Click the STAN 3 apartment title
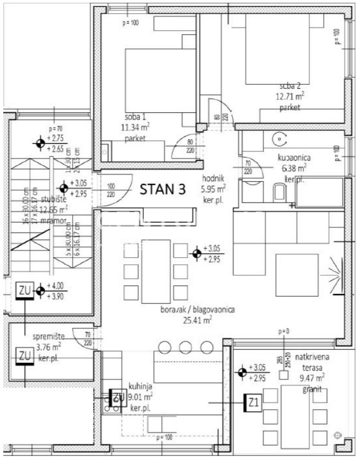coord(162,190)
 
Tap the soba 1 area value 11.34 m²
coord(135,128)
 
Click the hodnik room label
coord(214,178)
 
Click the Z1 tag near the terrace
coord(253,403)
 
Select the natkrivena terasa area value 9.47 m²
coord(313,378)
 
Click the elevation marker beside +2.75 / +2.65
coord(40,144)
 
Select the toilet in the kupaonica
coord(279,193)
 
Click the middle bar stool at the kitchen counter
coord(185,347)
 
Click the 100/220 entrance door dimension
coord(111,190)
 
